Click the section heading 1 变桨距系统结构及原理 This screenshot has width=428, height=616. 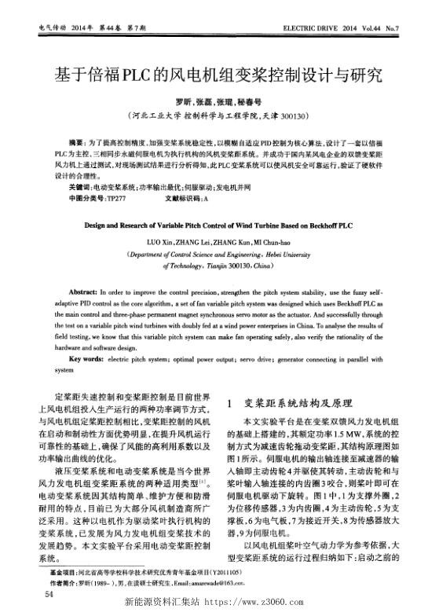[287, 403]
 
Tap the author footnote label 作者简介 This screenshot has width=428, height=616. [62, 585]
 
